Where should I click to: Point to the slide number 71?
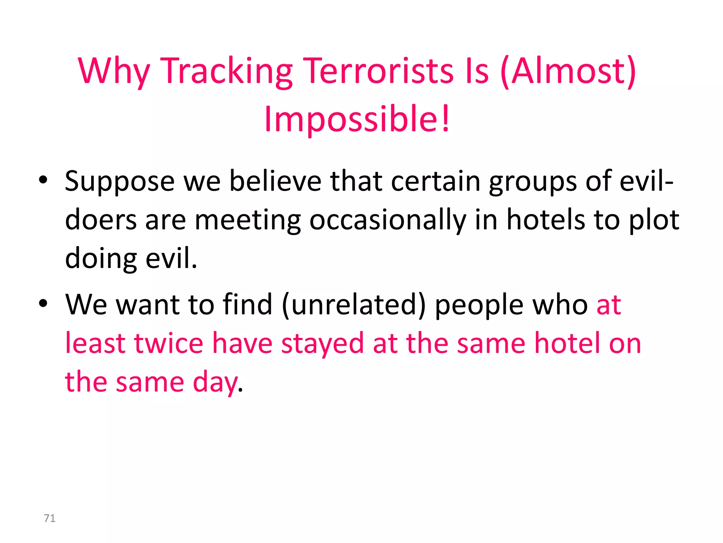(49, 518)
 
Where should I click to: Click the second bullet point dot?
(43, 304)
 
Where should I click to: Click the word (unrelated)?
(353, 304)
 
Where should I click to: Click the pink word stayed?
(322, 344)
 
